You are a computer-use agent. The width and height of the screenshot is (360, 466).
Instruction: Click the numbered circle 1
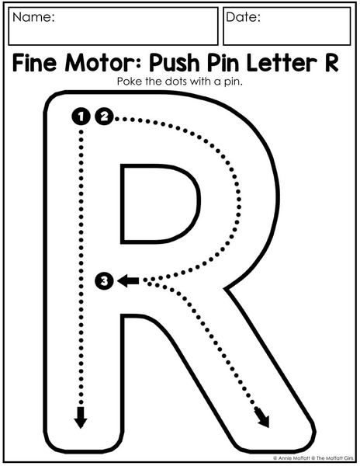(x=81, y=116)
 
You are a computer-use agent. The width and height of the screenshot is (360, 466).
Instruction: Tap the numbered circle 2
(x=104, y=116)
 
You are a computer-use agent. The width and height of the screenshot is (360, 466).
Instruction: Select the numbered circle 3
(x=104, y=280)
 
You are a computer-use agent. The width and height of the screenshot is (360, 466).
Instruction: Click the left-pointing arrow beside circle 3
(x=128, y=280)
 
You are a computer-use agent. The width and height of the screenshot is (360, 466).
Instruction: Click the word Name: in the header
(x=33, y=17)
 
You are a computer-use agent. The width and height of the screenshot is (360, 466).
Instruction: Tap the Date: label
(x=243, y=17)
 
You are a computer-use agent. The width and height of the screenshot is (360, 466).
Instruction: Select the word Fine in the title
(x=34, y=63)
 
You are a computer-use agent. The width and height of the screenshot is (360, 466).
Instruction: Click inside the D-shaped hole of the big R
(x=157, y=203)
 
